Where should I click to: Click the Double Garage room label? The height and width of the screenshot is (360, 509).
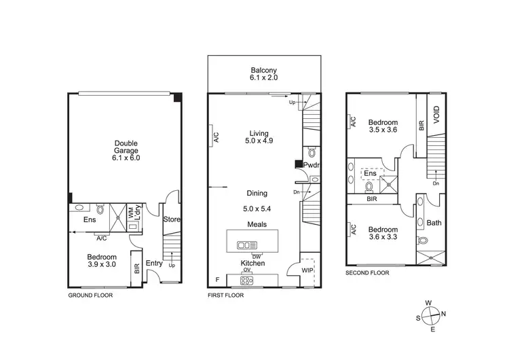tap(126, 150)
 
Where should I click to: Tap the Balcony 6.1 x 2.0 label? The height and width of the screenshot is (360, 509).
tap(263, 74)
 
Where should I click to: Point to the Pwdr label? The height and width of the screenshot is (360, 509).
tap(311, 165)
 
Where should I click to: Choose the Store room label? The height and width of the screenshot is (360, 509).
tap(171, 219)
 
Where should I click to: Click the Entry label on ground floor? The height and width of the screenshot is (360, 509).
tap(153, 264)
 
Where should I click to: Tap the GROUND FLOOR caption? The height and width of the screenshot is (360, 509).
tap(90, 296)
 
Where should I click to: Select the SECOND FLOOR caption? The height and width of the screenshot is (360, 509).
tap(368, 272)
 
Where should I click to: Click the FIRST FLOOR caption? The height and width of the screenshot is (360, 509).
tap(225, 296)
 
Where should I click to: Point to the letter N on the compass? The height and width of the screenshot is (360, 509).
tap(444, 314)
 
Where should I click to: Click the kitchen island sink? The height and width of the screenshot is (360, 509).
tap(243, 245)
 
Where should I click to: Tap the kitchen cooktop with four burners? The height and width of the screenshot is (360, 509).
tap(243, 279)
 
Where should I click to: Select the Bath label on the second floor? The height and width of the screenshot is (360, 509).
tap(434, 223)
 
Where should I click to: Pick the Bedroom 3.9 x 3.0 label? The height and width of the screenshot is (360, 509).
tap(103, 260)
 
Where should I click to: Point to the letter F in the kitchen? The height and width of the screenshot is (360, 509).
tap(216, 279)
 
